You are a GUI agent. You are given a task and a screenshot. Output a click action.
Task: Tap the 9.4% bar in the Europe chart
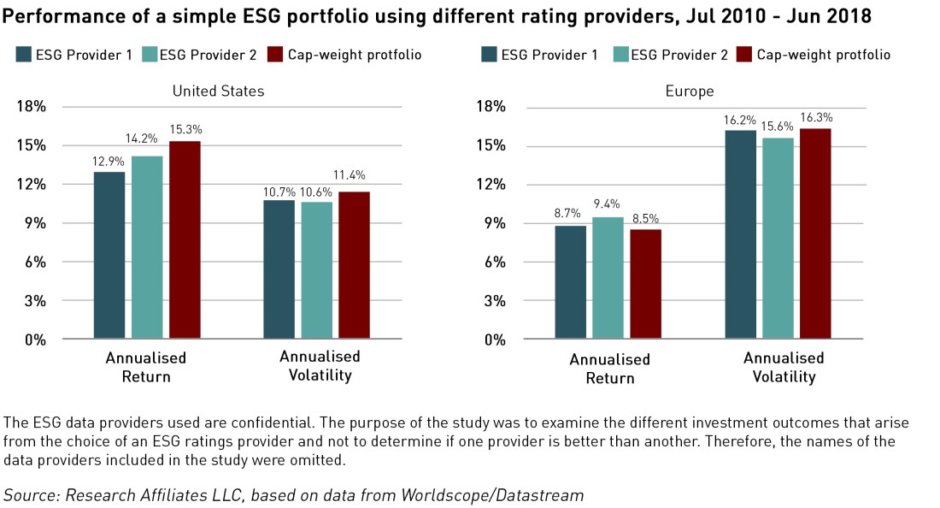(608, 278)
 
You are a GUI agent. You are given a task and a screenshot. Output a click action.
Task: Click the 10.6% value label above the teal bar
(317, 192)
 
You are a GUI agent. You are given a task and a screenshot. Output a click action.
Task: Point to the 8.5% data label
(645, 219)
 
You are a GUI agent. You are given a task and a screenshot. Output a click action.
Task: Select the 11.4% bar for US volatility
(355, 265)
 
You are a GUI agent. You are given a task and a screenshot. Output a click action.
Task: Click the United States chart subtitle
(218, 91)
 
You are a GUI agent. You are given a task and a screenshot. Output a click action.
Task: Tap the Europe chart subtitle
(690, 91)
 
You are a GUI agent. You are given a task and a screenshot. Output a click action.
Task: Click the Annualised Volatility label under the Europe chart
(784, 368)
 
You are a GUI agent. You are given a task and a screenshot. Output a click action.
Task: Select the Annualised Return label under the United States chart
(145, 367)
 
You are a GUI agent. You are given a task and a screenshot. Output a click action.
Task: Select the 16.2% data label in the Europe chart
(740, 120)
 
